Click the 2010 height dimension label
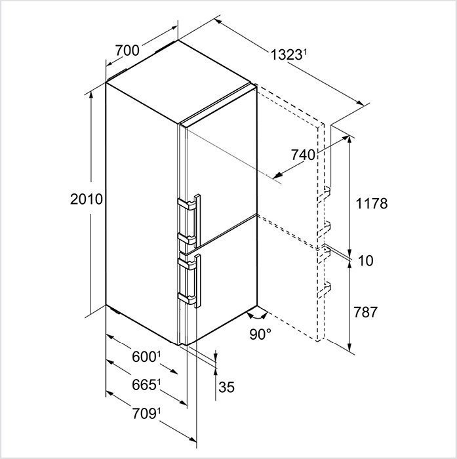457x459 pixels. [87, 199]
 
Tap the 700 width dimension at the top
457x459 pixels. [127, 50]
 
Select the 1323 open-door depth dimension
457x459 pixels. [288, 54]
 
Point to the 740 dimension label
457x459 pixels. [303, 155]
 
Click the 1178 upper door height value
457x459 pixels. [372, 203]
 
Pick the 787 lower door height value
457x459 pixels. [365, 312]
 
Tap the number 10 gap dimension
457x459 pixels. [366, 260]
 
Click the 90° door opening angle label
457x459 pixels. [260, 334]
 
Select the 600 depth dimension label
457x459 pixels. [146, 357]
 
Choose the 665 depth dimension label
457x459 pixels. [146, 385]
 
